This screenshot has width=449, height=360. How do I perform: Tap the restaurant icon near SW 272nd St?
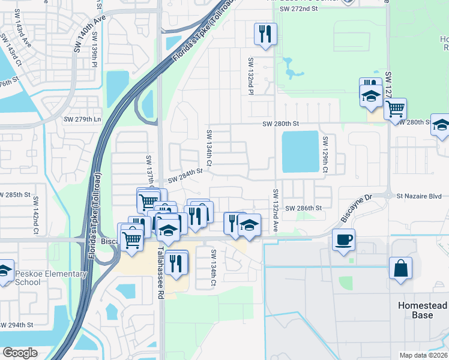[265, 34]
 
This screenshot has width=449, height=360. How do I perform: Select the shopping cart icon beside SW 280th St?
[396, 110]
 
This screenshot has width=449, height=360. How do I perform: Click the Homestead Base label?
[423, 310]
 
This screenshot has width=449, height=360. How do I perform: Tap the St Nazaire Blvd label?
[419, 196]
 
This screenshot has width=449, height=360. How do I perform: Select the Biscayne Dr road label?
[357, 208]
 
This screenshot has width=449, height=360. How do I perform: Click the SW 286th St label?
[304, 208]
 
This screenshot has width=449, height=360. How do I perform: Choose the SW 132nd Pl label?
[251, 76]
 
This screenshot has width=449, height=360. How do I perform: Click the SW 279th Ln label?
[82, 119]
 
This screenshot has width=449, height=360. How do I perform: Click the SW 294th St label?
[15, 325]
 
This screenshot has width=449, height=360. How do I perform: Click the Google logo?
[20, 353]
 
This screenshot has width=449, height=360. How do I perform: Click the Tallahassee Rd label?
[161, 267]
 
